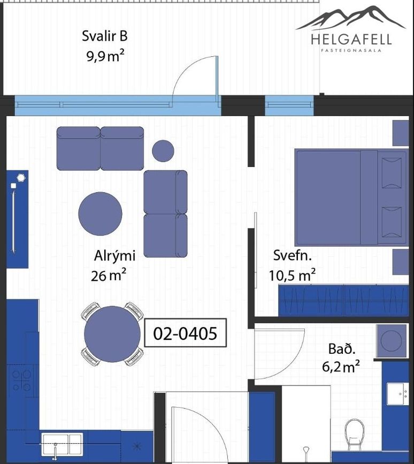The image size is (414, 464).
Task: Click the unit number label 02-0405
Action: pos(185,333)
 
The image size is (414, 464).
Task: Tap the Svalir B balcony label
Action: pos(105,36)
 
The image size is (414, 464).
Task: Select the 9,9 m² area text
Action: pos(105,56)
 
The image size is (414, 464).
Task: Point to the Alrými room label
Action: pos(115,256)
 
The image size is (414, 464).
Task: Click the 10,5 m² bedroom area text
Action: pos(292,275)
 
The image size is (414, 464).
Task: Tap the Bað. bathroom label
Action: pos(342,349)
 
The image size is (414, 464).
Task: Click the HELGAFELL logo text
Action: pos(351,40)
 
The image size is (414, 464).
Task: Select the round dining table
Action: pos(112,334)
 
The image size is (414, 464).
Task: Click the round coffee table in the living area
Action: pos(100,214)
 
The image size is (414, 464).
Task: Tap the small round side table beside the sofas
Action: pos(163,151)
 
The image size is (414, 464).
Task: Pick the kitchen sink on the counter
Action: pos(62,444)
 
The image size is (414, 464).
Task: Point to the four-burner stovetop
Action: pos(22,381)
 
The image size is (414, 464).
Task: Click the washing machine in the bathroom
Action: pos(391,340)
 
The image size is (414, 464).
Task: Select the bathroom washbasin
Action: pos(398,393)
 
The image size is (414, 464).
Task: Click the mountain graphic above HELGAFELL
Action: pos(351,18)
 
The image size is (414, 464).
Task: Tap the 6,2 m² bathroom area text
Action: pos(341,367)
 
